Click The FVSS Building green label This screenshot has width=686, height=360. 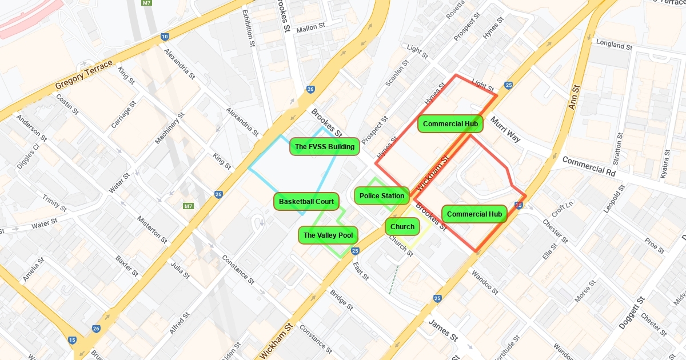pos(324,147)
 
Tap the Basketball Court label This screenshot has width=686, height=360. pos(306,202)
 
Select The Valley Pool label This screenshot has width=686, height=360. pos(328,235)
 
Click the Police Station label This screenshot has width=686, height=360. pos(382,196)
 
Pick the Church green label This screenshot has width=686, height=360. pos(402,227)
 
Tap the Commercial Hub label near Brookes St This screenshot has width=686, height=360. pos(474,214)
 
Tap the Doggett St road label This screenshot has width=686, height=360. pos(632,313)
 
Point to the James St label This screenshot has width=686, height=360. pos(444,330)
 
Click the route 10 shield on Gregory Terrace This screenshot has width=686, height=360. pos(165,37)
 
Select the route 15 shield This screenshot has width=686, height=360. pos(72,340)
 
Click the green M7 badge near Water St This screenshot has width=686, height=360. pos(188,206)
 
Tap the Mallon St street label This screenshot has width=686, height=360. pos(310,27)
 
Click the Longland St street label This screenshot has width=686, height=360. pos(614,44)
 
